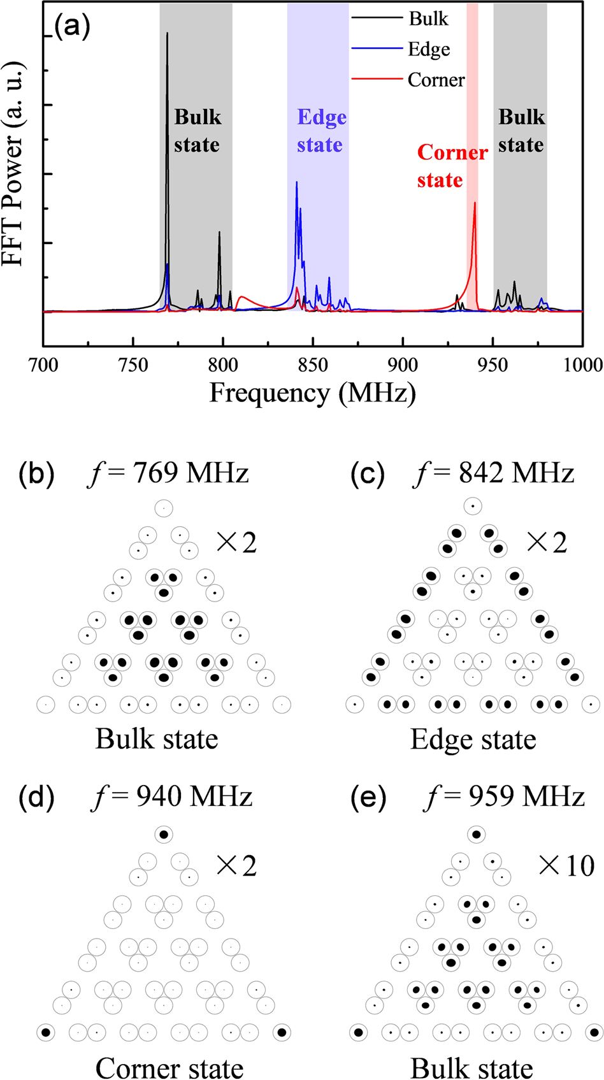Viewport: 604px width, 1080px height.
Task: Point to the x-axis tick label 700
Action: pyautogui.click(x=43, y=365)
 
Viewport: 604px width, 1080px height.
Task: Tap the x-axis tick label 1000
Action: pyautogui.click(x=582, y=365)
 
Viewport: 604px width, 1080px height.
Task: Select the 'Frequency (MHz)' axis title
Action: pyautogui.click(x=312, y=392)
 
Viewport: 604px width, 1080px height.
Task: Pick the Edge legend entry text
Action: pyautogui.click(x=429, y=49)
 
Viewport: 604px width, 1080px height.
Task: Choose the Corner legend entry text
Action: pyautogui.click(x=436, y=80)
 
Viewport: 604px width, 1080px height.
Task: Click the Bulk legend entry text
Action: pyautogui.click(x=428, y=18)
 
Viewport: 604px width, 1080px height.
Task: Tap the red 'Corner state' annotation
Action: pyautogui.click(x=452, y=166)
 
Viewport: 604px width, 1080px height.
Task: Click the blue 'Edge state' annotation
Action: pyautogui.click(x=322, y=131)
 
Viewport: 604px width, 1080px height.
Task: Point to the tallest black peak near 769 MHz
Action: pyautogui.click(x=167, y=34)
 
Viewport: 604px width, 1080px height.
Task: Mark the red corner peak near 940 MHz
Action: pyautogui.click(x=475, y=205)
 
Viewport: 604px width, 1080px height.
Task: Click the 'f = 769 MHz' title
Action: pyautogui.click(x=168, y=473)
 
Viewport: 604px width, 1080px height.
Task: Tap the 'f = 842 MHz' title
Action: pyautogui.click(x=494, y=473)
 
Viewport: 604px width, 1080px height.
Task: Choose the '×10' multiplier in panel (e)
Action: pyautogui.click(x=566, y=865)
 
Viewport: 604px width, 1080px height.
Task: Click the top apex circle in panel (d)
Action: pyautogui.click(x=164, y=834)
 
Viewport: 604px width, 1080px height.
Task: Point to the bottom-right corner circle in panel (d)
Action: pyautogui.click(x=282, y=1032)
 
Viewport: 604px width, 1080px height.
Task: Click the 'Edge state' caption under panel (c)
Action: pyautogui.click(x=473, y=739)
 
